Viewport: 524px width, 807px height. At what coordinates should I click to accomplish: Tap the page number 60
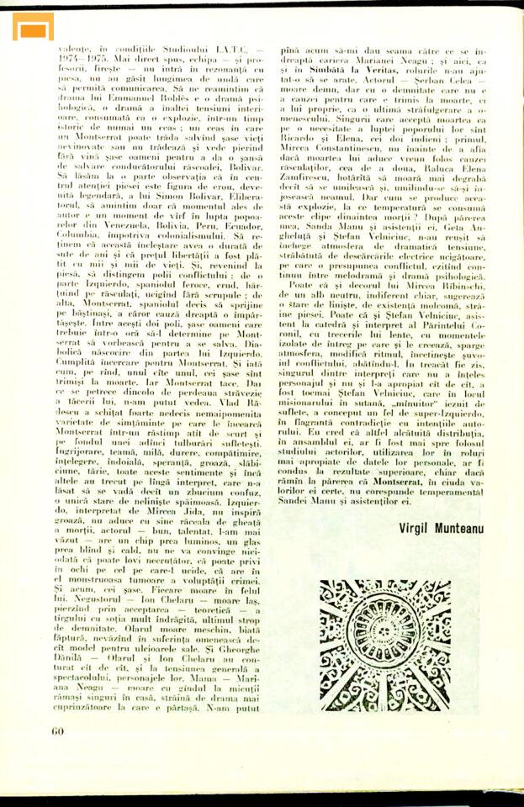(x=57, y=731)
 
